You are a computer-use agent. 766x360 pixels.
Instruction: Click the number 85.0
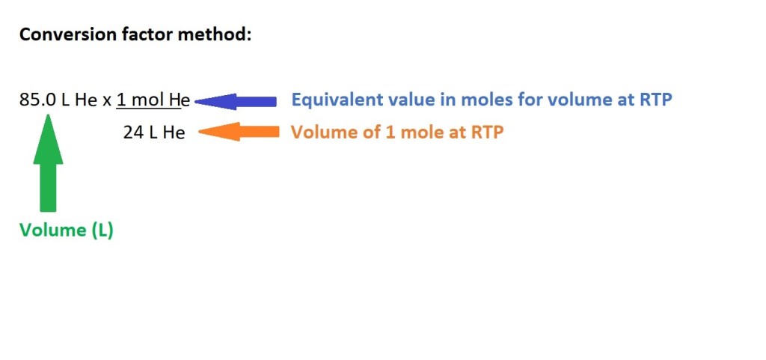[37, 100]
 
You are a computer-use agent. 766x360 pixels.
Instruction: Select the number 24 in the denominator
[132, 132]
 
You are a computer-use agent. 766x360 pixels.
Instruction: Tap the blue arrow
[236, 102]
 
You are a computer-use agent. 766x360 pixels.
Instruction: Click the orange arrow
[239, 132]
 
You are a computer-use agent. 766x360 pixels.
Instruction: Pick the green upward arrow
[48, 162]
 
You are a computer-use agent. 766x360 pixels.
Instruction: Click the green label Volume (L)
[67, 230]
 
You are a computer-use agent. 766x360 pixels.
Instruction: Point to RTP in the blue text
[655, 100]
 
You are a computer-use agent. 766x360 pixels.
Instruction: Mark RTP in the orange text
[487, 132]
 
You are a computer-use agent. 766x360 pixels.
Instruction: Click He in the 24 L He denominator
[174, 132]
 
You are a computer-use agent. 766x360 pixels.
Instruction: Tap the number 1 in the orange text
[390, 132]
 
